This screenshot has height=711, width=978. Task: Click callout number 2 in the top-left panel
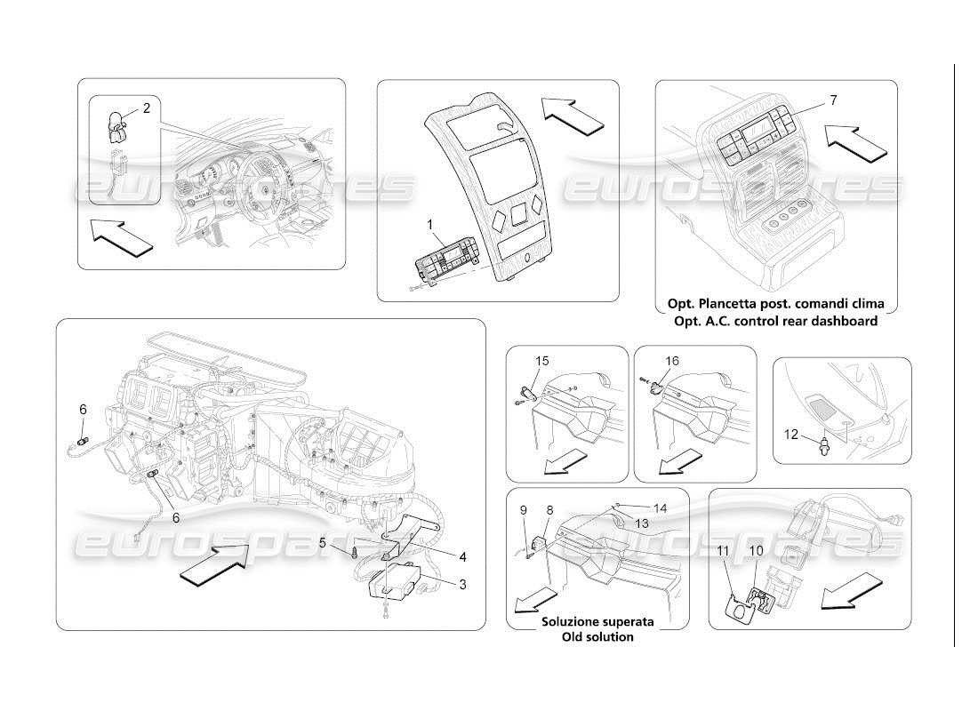point(147,108)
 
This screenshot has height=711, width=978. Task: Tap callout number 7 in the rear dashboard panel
point(833,100)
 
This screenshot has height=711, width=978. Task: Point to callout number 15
point(541,361)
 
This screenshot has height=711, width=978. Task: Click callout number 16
point(672,361)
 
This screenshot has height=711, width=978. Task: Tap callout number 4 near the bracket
point(462,557)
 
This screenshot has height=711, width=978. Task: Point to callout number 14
point(659,507)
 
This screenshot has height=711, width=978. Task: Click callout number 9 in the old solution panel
point(523,510)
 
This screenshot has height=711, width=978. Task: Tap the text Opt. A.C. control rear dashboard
point(774,321)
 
